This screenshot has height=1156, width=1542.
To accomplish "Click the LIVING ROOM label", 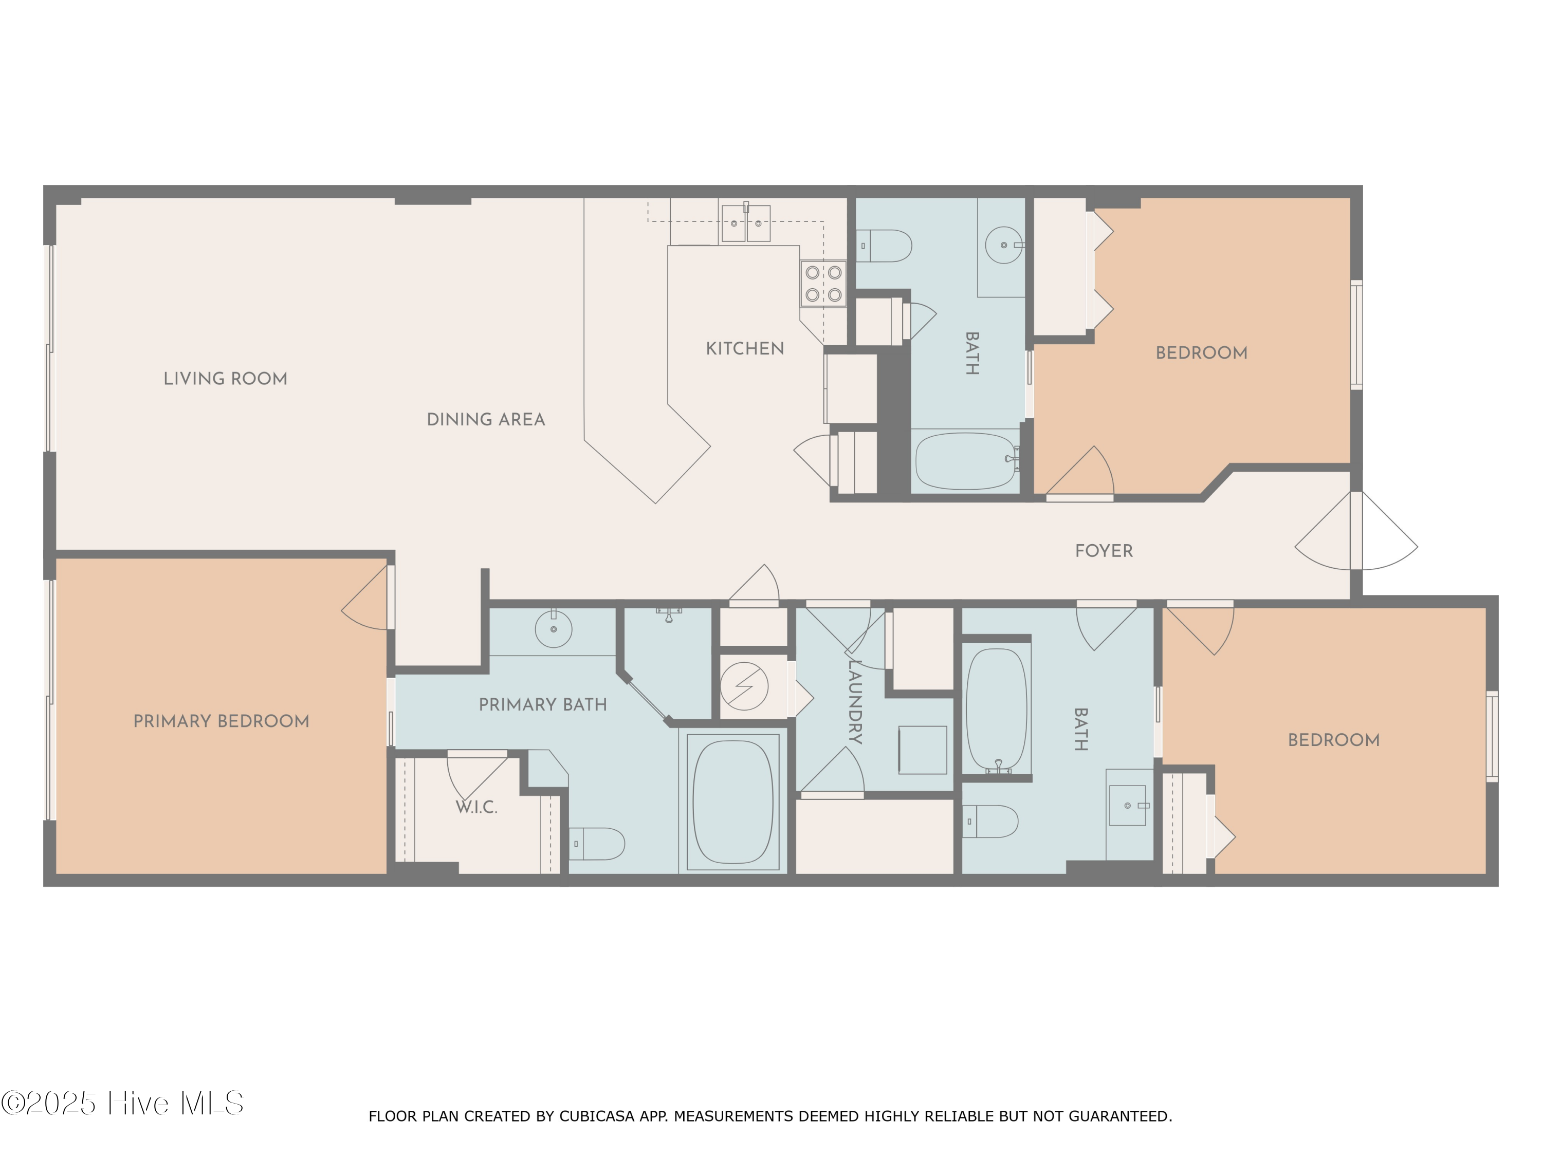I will point(225,378).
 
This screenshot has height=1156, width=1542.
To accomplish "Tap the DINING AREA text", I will point(485,419).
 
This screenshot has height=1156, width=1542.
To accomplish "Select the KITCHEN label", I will point(744,348).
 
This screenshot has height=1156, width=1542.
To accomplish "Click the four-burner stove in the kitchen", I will point(823,284).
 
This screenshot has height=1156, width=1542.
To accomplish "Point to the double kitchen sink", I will point(745,223).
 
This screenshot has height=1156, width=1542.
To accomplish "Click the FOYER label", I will point(1104,550).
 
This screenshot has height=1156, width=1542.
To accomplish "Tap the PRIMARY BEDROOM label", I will point(221,721).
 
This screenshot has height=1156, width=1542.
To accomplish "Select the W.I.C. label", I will point(476,807).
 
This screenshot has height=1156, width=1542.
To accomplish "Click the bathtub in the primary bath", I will point(732,801).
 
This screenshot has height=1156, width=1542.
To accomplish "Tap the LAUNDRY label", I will point(855,702).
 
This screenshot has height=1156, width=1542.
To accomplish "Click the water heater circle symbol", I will point(744,686).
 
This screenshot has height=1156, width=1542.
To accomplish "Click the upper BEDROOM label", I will point(1201,352).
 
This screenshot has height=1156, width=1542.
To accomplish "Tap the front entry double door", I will point(1356,531).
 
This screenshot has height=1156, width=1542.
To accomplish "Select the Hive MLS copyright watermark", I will point(123,1103).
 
